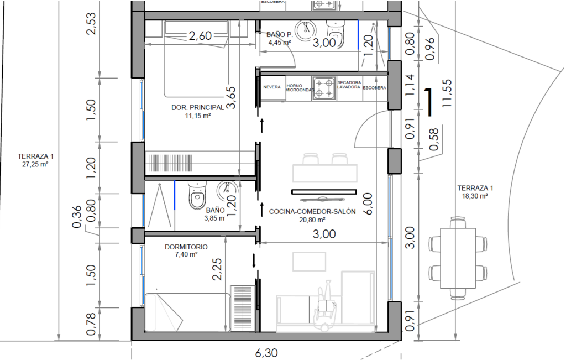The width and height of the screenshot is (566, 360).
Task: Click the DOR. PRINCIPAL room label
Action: pyautogui.click(x=197, y=108)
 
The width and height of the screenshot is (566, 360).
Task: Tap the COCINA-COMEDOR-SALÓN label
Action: pyautogui.click(x=312, y=212)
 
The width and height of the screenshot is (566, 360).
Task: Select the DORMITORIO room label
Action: pyautogui.click(x=186, y=247)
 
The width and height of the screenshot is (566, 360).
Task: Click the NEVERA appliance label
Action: pyautogui.click(x=272, y=87)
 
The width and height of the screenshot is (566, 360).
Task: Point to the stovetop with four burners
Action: pyautogui.click(x=324, y=88)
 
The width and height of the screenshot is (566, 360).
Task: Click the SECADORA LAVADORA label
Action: pyautogui.click(x=349, y=85)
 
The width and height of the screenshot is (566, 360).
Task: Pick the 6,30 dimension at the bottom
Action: pyautogui.click(x=266, y=353)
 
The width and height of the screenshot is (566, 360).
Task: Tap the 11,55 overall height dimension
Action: pyautogui.click(x=447, y=93)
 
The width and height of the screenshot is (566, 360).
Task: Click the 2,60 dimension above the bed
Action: pyautogui.click(x=200, y=36)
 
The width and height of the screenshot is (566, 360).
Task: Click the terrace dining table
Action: pyautogui.click(x=458, y=258)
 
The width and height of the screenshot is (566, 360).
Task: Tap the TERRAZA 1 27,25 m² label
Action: pyautogui.click(x=35, y=160)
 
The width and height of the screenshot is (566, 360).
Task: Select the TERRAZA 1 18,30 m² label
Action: pyautogui.click(x=475, y=192)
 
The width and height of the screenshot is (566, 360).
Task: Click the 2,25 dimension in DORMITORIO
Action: pyautogui.click(x=217, y=269)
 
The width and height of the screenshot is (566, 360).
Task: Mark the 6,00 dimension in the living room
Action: pyautogui.click(x=368, y=204)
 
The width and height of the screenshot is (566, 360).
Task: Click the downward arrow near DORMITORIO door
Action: pyautogui.click(x=254, y=260)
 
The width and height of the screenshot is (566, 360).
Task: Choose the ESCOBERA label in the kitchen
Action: pyautogui.click(x=374, y=88)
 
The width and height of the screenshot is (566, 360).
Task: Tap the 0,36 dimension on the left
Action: pyautogui.click(x=77, y=220)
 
